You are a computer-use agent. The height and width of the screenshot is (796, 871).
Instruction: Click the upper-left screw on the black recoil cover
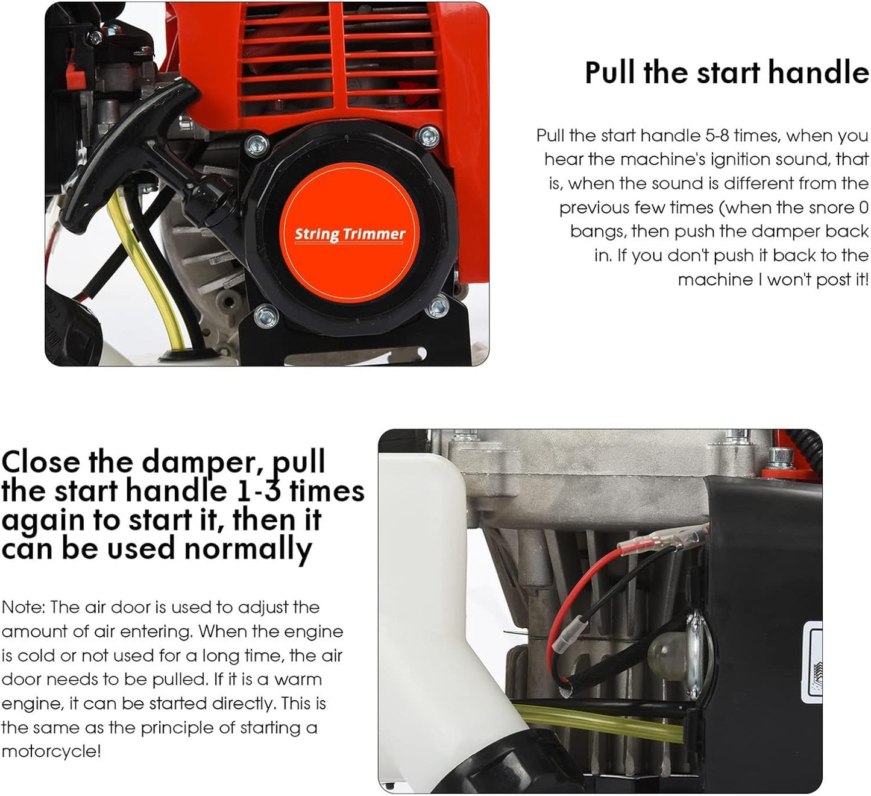click(256, 144)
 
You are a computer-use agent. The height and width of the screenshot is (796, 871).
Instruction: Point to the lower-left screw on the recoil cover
click(265, 315)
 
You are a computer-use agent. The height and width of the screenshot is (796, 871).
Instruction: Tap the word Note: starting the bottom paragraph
click(23, 607)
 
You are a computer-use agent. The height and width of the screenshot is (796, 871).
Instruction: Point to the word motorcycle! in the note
click(51, 751)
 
